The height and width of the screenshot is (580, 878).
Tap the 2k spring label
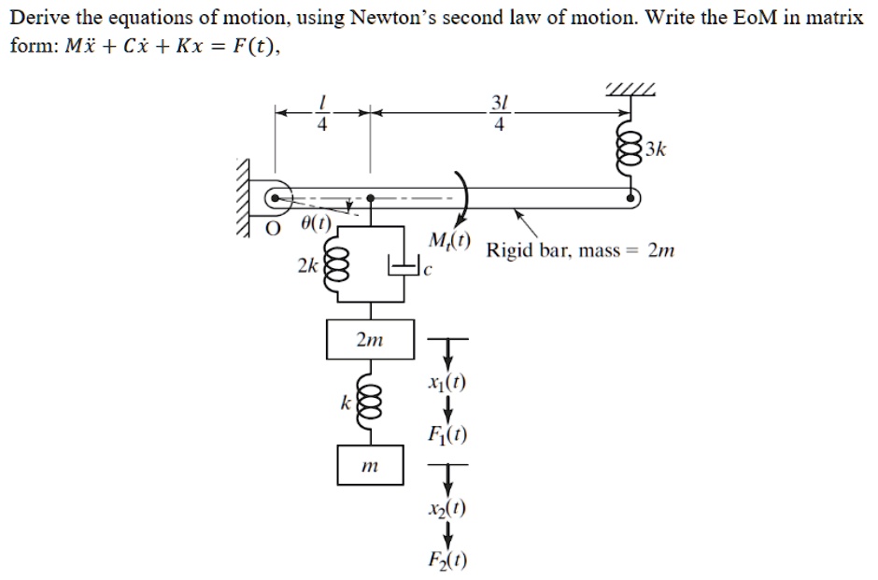pos(305,266)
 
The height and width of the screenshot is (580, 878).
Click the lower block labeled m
pos(371,465)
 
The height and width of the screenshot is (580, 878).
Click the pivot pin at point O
pos(274,198)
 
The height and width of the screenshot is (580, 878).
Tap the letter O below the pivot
pos(273,225)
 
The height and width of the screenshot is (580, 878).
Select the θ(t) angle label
pos(316,225)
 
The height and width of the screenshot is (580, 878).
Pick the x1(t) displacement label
pos(446,383)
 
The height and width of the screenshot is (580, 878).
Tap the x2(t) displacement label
pos(447,509)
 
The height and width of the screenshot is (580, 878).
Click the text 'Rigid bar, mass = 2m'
pos(580,251)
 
